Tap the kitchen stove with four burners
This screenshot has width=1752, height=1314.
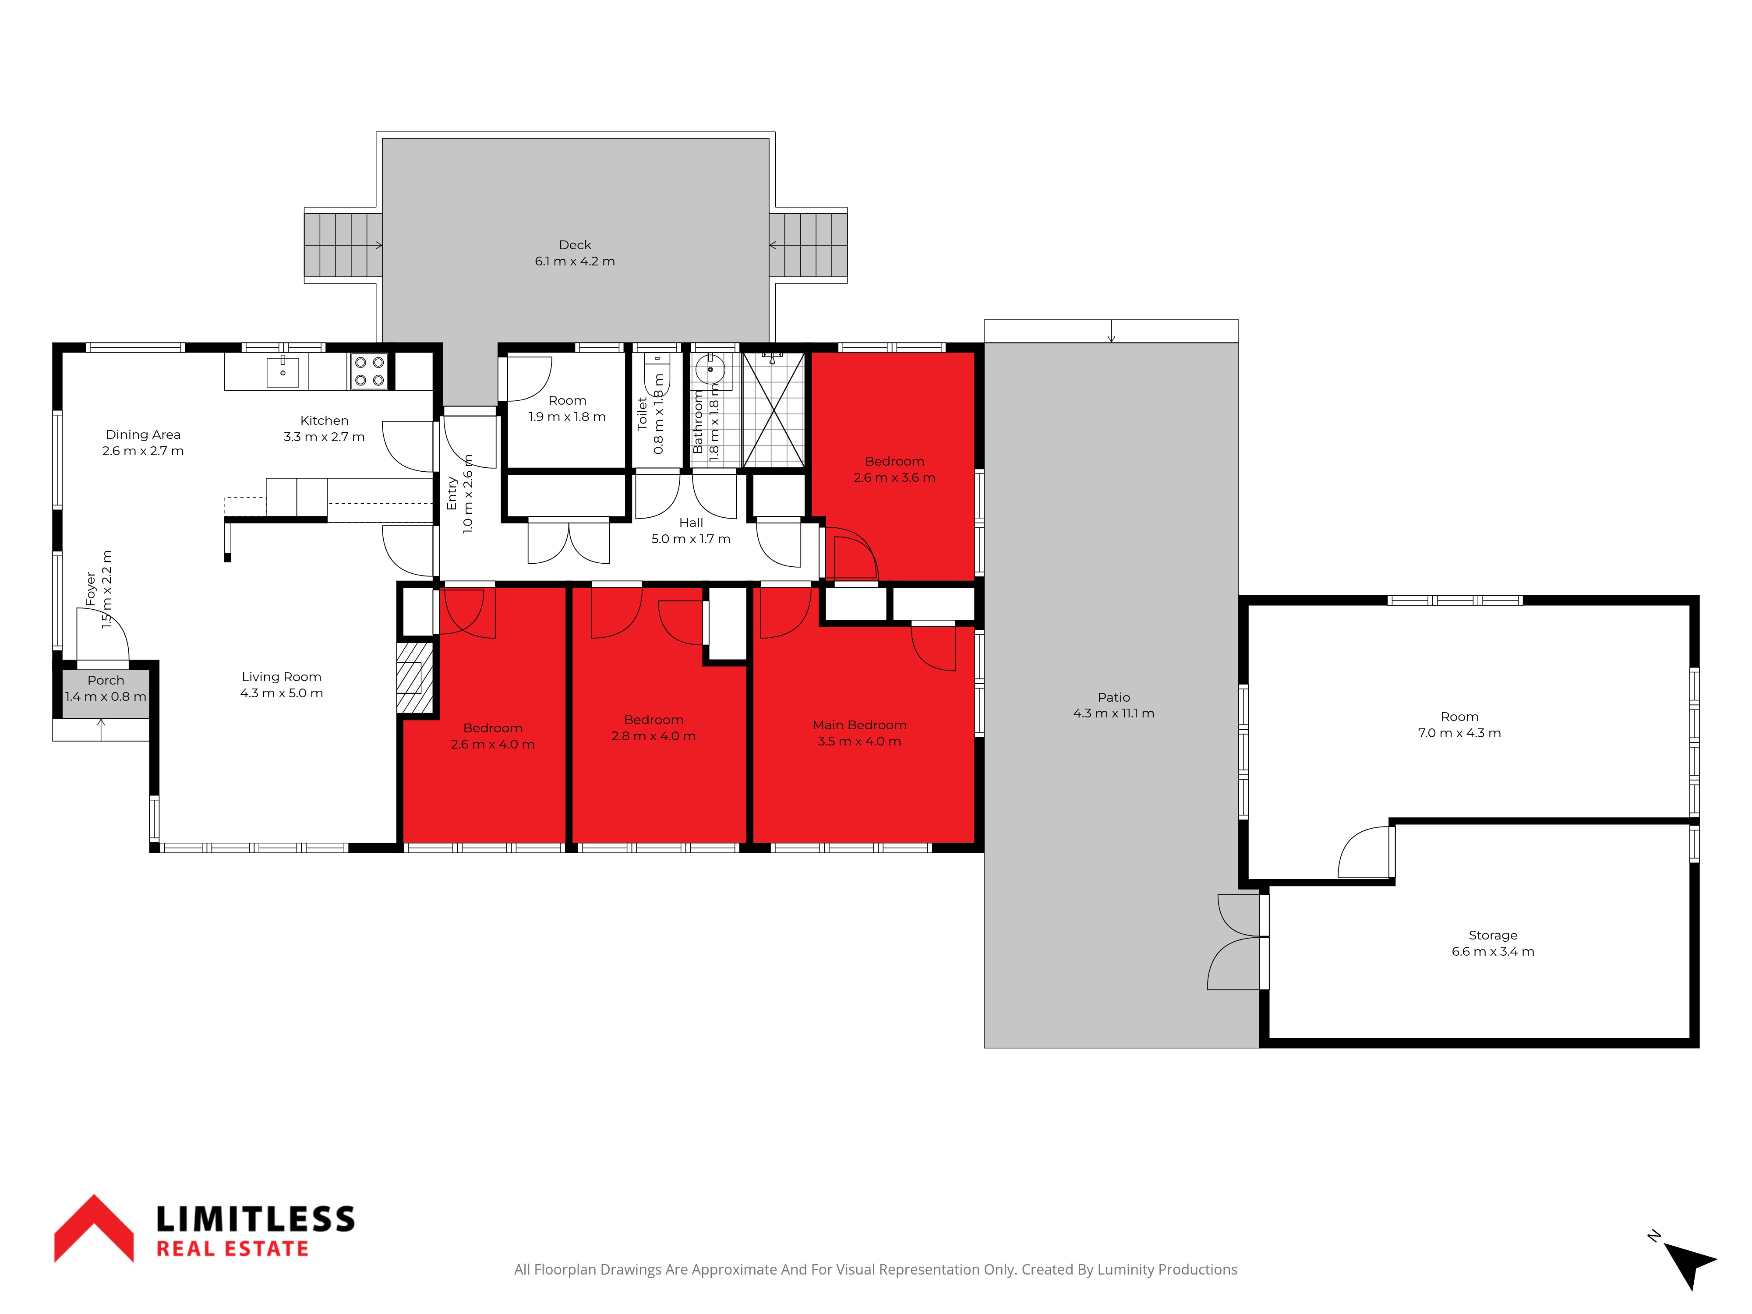click(369, 371)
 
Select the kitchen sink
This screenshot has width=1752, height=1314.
click(283, 371)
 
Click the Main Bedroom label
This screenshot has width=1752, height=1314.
click(859, 725)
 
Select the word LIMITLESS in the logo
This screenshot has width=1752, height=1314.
click(255, 1219)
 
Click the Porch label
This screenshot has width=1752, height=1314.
click(106, 680)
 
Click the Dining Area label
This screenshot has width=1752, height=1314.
click(143, 435)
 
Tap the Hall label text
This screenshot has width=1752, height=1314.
click(691, 523)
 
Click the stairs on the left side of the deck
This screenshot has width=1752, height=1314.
click(343, 246)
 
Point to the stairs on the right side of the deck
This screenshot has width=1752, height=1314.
click(808, 246)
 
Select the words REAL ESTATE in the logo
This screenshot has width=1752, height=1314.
click(232, 1249)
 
